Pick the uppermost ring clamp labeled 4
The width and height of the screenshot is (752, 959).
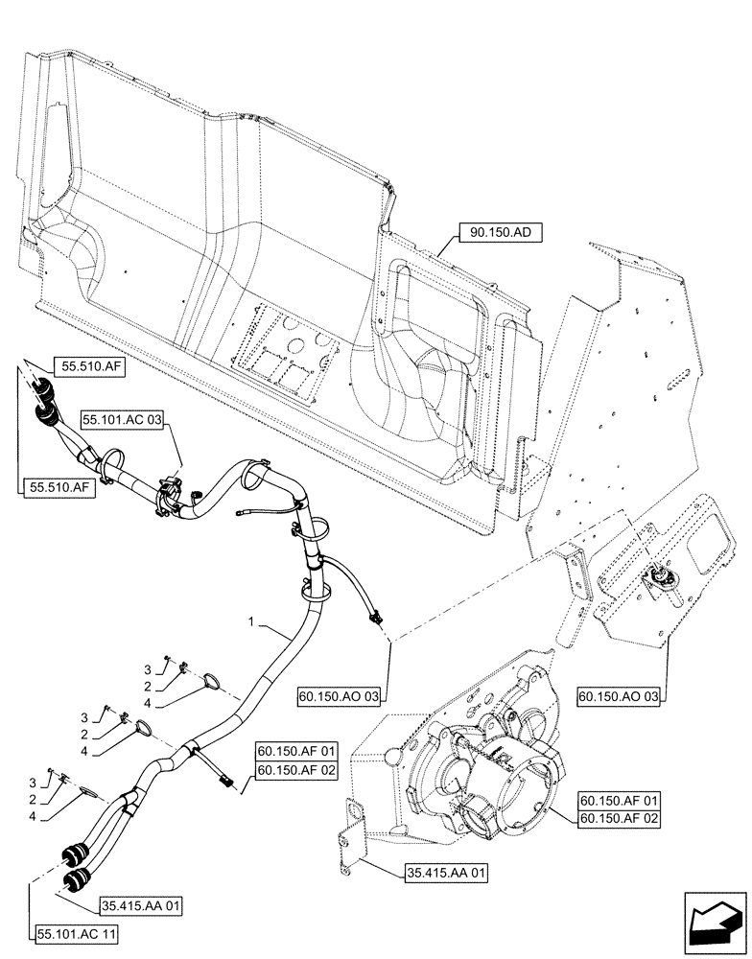click(214, 682)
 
